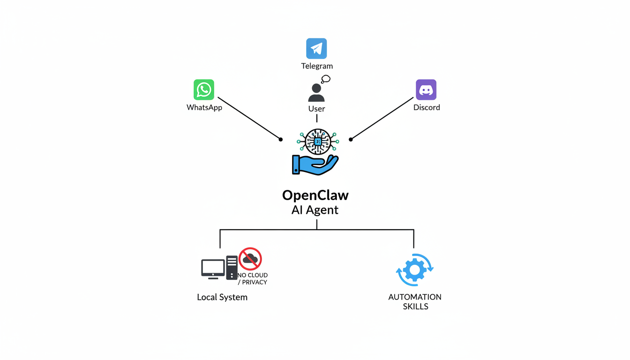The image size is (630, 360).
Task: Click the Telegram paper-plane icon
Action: (x=316, y=48)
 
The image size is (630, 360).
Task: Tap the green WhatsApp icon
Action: (x=204, y=90)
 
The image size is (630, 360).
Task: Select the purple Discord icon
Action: (x=426, y=90)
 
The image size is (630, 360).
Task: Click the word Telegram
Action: (x=317, y=66)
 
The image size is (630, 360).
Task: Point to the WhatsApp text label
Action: (x=204, y=107)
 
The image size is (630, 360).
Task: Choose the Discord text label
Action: (x=427, y=107)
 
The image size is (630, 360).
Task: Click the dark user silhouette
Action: (x=316, y=93)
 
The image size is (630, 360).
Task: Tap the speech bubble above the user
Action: (x=326, y=79)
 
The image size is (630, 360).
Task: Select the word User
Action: (x=316, y=109)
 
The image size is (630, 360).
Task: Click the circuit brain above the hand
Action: (x=318, y=141)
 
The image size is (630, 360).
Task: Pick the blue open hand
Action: (x=315, y=165)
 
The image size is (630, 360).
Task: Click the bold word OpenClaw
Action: (x=315, y=195)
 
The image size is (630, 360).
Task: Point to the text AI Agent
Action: (x=315, y=210)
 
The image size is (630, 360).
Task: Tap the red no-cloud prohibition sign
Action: (x=250, y=259)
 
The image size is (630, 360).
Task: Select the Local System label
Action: (x=222, y=297)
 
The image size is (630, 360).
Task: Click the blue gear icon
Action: (x=415, y=270)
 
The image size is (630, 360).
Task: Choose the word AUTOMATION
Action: (x=415, y=297)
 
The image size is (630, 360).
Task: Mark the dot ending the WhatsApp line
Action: (x=281, y=139)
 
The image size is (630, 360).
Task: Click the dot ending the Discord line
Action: (x=351, y=139)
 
